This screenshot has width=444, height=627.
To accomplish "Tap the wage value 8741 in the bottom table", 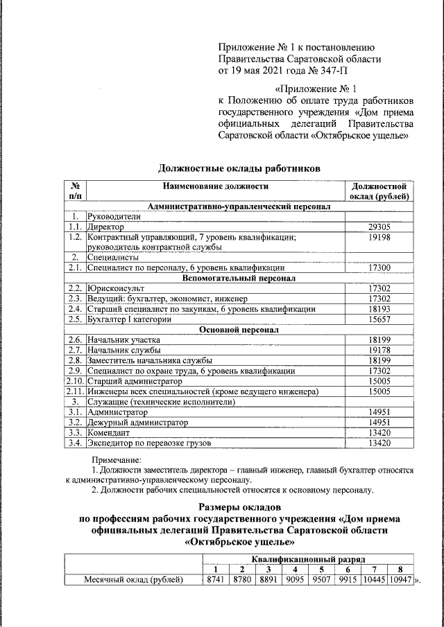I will (214, 579).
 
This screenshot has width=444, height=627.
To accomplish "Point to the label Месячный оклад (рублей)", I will (133, 579).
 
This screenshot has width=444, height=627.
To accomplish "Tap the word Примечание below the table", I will (117, 459).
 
